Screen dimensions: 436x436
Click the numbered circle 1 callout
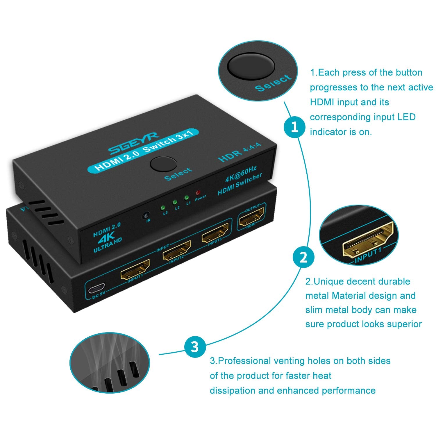pyautogui.click(x=295, y=127)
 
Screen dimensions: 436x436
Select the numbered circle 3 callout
pyautogui.click(x=195, y=347)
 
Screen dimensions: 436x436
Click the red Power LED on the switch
pyautogui.click(x=198, y=192)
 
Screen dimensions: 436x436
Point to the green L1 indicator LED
pyautogui.click(x=186, y=198)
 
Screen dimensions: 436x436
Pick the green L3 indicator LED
pyautogui.click(x=163, y=208)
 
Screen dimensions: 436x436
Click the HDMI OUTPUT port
pyautogui.click(x=251, y=217)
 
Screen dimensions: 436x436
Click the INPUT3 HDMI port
pyautogui.click(x=215, y=233)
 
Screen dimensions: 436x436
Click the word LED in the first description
pyautogui.click(x=407, y=117)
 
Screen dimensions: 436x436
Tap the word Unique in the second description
pyautogui.click(x=329, y=281)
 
